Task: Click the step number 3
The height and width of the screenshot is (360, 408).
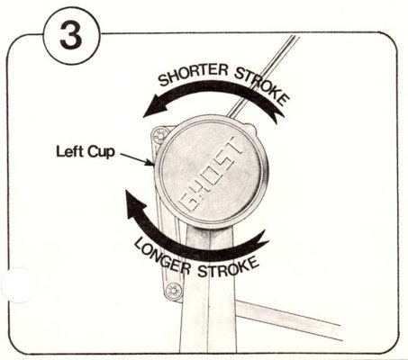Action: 71,36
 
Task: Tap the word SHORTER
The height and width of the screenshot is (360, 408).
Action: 193,74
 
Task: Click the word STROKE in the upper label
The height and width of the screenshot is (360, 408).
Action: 263,85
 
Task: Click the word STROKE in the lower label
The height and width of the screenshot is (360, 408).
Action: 228,268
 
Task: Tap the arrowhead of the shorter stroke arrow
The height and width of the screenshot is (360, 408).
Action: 155,106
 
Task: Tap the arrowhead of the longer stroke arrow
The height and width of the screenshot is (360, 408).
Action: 136,205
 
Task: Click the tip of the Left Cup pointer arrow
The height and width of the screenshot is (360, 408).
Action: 153,165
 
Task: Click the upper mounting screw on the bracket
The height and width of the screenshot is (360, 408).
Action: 160,136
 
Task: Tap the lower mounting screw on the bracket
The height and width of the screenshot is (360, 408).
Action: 174,290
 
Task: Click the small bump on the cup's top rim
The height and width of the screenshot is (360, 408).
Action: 251,127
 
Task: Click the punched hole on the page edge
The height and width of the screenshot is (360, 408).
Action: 19,284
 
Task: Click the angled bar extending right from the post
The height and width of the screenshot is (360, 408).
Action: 289,320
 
